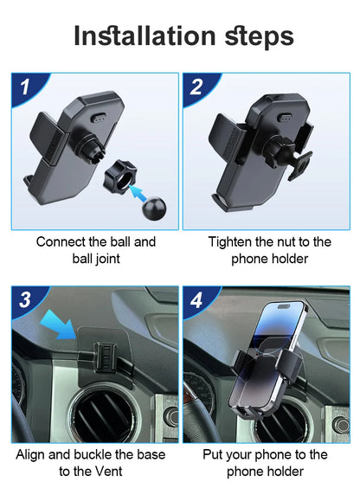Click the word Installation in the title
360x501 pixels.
(x=145, y=35)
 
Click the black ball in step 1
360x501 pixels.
(x=154, y=209)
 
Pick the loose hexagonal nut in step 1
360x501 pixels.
(x=120, y=176)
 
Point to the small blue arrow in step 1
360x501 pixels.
(x=138, y=193)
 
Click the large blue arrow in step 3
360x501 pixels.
(x=60, y=324)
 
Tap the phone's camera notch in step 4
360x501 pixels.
(x=283, y=306)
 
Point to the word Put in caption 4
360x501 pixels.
(x=213, y=454)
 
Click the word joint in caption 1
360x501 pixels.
(x=106, y=259)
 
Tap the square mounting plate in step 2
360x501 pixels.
(x=300, y=165)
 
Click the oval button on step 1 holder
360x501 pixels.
(x=99, y=118)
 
